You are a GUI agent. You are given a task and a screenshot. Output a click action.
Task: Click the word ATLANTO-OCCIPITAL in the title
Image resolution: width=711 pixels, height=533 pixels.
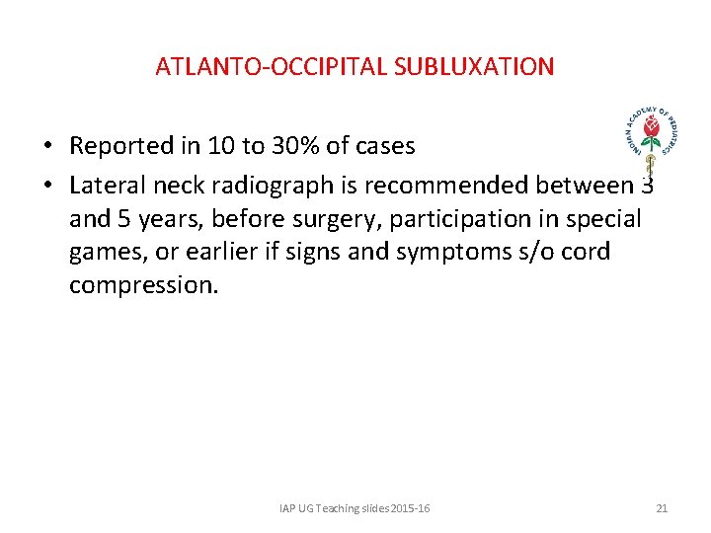pyautogui.click(x=272, y=67)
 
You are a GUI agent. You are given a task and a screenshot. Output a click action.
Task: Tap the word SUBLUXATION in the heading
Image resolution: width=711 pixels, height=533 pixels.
pyautogui.click(x=474, y=67)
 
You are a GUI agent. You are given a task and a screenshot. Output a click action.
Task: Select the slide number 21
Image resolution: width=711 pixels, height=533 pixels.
pyautogui.click(x=662, y=508)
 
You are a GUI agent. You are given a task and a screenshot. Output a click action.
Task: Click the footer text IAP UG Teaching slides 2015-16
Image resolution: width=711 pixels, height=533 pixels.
pyautogui.click(x=355, y=508)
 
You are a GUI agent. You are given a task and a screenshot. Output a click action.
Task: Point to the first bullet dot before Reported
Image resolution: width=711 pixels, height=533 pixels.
pyautogui.click(x=47, y=147)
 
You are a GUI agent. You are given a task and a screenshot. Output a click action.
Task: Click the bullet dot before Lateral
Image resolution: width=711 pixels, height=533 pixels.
pyautogui.click(x=47, y=185)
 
